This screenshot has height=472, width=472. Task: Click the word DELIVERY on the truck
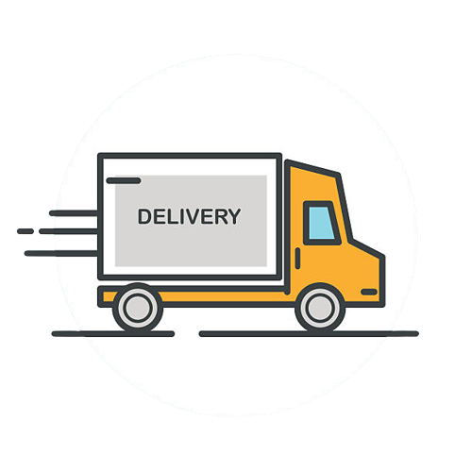(x=189, y=216)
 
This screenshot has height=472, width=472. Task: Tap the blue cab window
(x=321, y=223)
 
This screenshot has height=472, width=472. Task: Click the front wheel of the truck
(x=320, y=308)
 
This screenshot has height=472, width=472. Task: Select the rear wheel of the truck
(x=138, y=308)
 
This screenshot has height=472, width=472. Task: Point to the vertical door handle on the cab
(x=297, y=258)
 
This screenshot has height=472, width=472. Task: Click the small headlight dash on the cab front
(x=369, y=292)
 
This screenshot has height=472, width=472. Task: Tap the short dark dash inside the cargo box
(x=124, y=180)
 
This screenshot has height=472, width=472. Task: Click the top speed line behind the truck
(x=74, y=213)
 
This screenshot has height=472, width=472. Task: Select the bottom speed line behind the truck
(x=61, y=253)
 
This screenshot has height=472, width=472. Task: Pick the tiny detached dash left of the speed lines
(x=25, y=231)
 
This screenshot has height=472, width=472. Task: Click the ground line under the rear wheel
(x=113, y=334)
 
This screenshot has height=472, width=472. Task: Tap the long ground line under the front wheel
(x=309, y=334)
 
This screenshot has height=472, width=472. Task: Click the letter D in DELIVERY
(x=144, y=216)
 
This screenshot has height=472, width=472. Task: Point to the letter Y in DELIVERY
(x=233, y=216)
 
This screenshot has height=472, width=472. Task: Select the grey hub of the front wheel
(x=320, y=308)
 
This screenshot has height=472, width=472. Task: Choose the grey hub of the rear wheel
(x=138, y=308)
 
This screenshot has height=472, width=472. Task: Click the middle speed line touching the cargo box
(x=69, y=231)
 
